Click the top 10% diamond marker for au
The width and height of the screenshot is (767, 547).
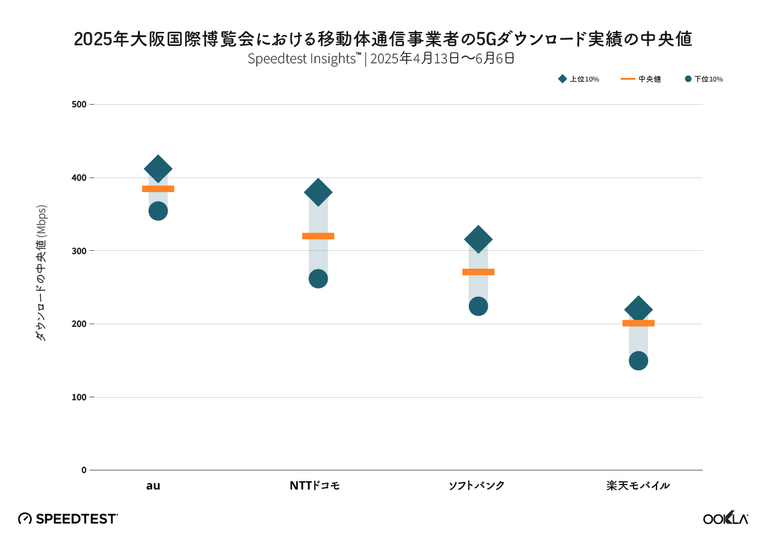pyautogui.click(x=158, y=169)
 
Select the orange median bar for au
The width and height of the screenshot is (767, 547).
pyautogui.click(x=158, y=189)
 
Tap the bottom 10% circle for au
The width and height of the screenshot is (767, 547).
pyautogui.click(x=158, y=211)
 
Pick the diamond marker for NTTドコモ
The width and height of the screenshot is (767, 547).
pyautogui.click(x=318, y=191)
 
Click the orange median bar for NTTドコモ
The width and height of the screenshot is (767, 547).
pyautogui.click(x=318, y=236)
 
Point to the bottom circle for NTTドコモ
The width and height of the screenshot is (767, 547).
pyautogui.click(x=318, y=279)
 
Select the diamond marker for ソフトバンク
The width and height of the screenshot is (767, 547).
pyautogui.click(x=478, y=240)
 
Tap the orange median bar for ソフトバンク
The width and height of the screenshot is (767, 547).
pyautogui.click(x=478, y=272)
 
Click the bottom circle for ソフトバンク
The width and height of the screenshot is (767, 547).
pyautogui.click(x=478, y=306)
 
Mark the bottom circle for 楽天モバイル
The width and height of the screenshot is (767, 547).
pyautogui.click(x=638, y=361)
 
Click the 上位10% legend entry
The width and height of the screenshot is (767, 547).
pyautogui.click(x=579, y=79)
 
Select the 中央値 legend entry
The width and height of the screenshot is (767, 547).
pyautogui.click(x=641, y=79)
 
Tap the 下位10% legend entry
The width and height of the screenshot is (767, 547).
pyautogui.click(x=704, y=79)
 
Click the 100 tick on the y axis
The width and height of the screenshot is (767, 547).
pyautogui.click(x=78, y=397)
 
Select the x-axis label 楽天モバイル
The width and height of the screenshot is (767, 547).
pyautogui.click(x=638, y=486)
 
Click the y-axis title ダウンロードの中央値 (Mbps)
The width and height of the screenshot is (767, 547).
pyautogui.click(x=42, y=273)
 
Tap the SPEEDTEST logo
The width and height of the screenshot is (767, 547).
pyautogui.click(x=68, y=518)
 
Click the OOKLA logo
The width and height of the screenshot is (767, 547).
pyautogui.click(x=725, y=518)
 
